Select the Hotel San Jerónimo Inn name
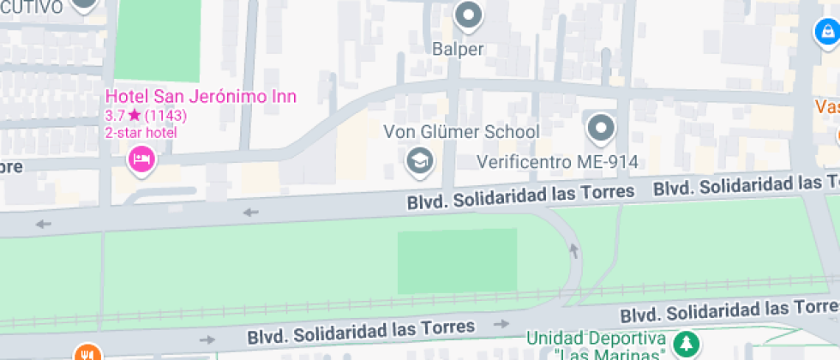tap(201, 97)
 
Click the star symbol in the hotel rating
tap(134, 115)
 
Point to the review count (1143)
tap(165, 115)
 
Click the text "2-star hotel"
tap(141, 132)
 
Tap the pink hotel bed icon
tap(141, 159)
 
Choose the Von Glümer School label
tap(461, 132)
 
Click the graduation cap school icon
tap(419, 160)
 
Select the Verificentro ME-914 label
tap(557, 161)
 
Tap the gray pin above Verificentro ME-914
tap(601, 129)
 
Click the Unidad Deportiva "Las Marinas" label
tap(597, 345)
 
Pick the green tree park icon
tap(685, 345)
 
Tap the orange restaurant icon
tap(86, 353)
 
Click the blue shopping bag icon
tap(825, 33)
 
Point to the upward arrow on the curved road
tap(574, 250)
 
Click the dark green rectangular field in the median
tap(457, 261)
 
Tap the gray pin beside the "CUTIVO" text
tap(84, 5)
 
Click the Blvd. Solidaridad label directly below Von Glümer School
tap(520, 197)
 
